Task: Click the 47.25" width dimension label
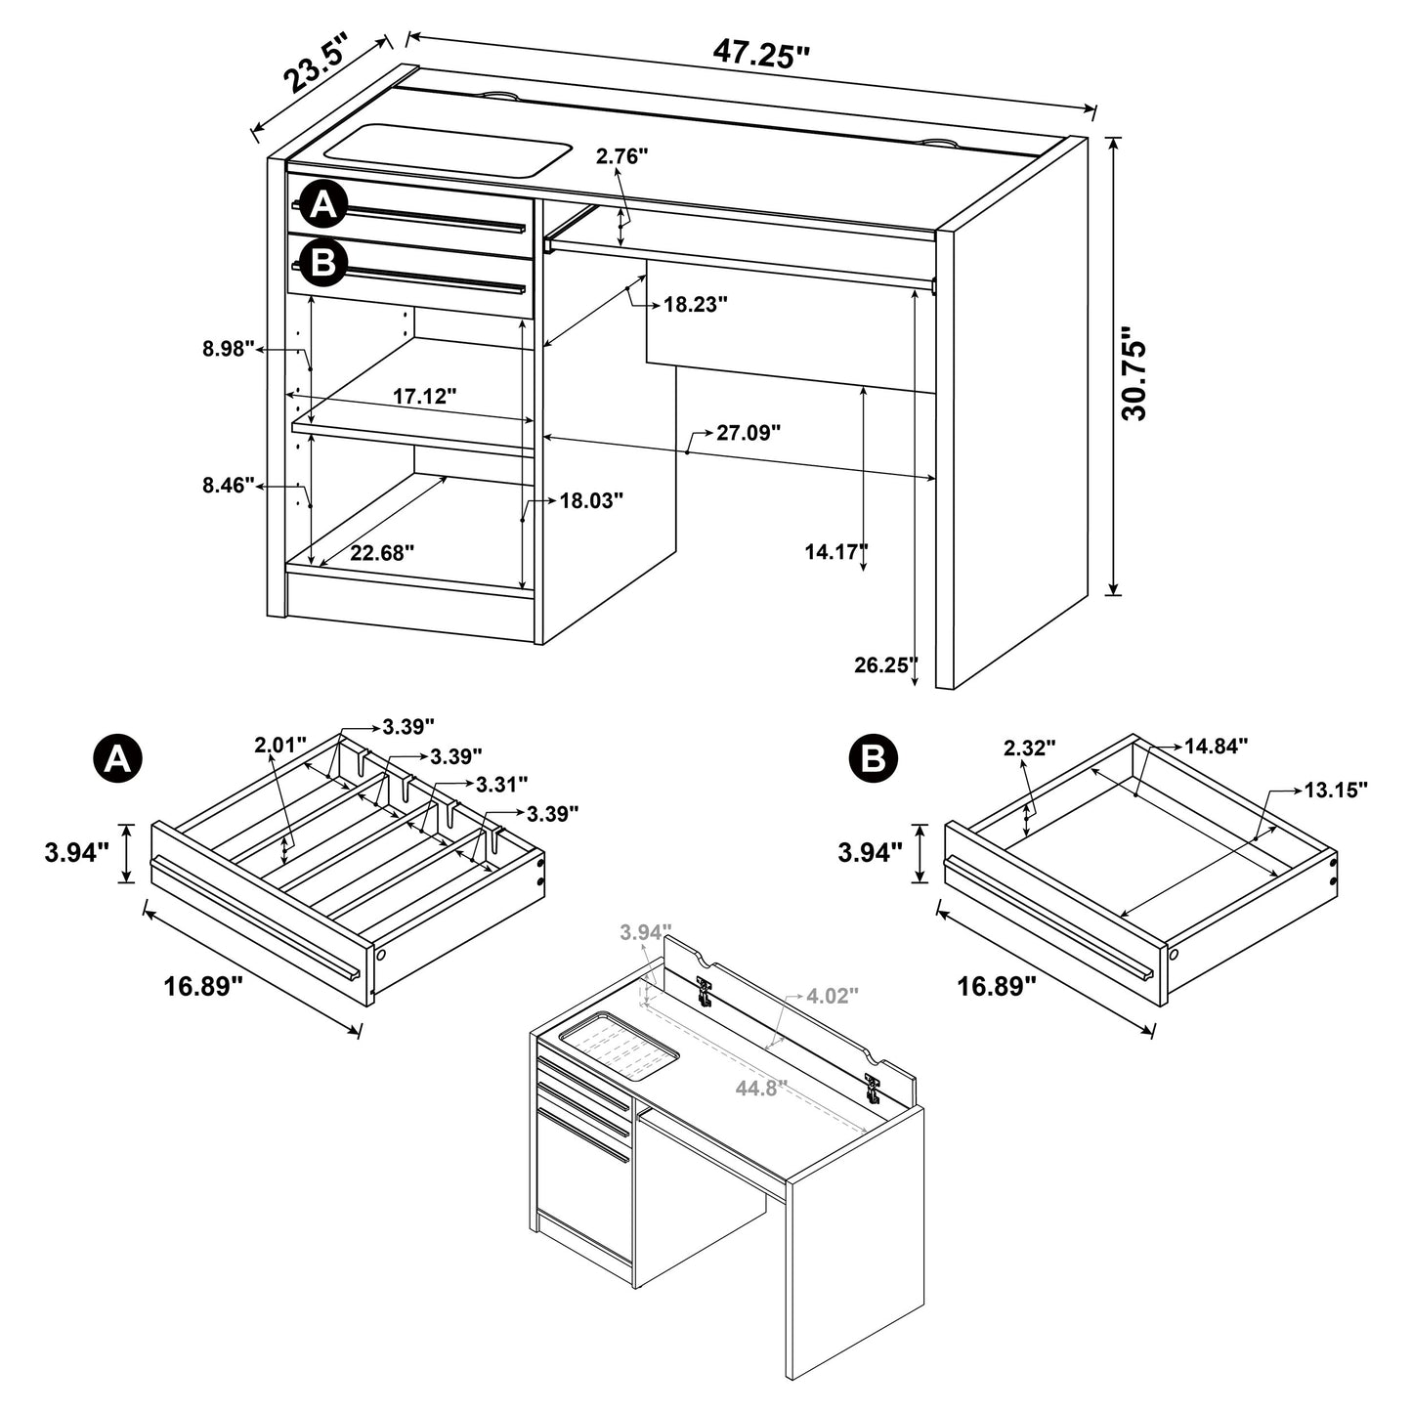[x=761, y=53]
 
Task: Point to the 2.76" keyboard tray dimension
[x=622, y=156]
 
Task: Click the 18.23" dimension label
[x=696, y=304]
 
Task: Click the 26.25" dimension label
[x=885, y=665]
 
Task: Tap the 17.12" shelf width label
[x=425, y=396]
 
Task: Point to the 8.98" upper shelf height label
[x=227, y=348]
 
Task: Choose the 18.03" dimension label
[x=591, y=501]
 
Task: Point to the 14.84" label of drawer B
[x=1216, y=747]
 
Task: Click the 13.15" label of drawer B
[x=1334, y=790]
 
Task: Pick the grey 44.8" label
[x=761, y=1088]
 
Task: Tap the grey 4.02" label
[x=832, y=996]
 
